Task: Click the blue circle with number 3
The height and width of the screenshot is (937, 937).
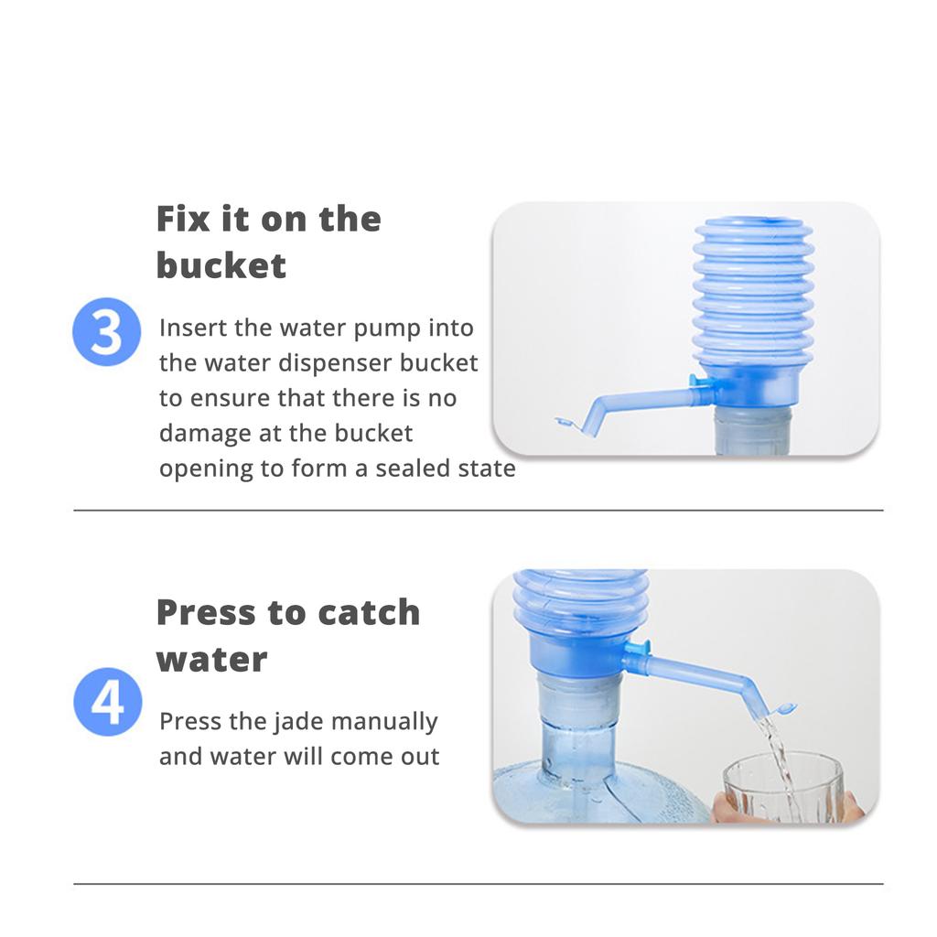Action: click(106, 331)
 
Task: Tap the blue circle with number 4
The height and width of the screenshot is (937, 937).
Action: click(108, 702)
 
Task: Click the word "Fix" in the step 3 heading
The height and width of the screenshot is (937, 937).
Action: click(183, 219)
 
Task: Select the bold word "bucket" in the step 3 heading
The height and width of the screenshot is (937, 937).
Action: click(221, 265)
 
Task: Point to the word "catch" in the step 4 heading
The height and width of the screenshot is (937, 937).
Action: click(369, 612)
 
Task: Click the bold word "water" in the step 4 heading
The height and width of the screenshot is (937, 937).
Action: click(211, 660)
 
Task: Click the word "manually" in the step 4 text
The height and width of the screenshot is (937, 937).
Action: click(384, 722)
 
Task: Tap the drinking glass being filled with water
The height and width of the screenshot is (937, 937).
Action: click(783, 789)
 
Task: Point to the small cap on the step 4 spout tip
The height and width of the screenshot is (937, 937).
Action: click(784, 709)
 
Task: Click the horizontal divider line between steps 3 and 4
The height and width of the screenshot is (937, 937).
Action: click(478, 511)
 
